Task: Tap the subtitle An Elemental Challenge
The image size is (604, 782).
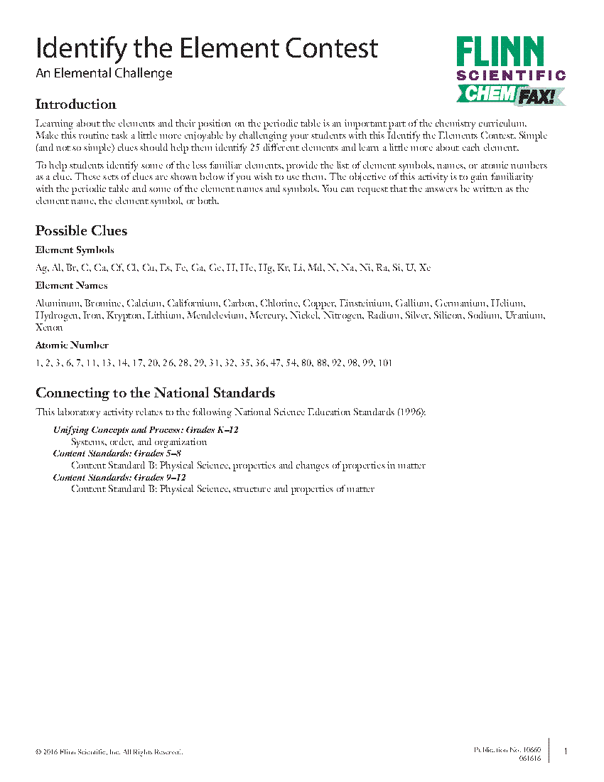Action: pyautogui.click(x=104, y=73)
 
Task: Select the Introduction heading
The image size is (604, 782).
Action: pyautogui.click(x=75, y=105)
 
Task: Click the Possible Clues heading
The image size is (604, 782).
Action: pyautogui.click(x=81, y=231)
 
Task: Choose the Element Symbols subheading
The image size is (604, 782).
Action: pyautogui.click(x=75, y=250)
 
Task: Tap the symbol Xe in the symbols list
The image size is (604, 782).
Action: pyautogui.click(x=424, y=268)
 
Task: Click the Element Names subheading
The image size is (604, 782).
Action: pyautogui.click(x=71, y=286)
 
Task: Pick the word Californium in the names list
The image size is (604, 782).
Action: pyautogui.click(x=193, y=304)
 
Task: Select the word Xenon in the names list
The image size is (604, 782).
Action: pyautogui.click(x=48, y=328)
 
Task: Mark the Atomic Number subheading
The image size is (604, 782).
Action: pyautogui.click(x=72, y=346)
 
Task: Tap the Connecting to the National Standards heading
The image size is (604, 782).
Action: pyautogui.click(x=155, y=393)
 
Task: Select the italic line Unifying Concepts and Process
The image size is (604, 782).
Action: pyautogui.click(x=146, y=430)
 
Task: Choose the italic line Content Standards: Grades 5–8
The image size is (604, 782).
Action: pyautogui.click(x=119, y=454)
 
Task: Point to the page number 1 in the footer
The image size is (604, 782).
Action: pyautogui.click(x=565, y=751)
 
